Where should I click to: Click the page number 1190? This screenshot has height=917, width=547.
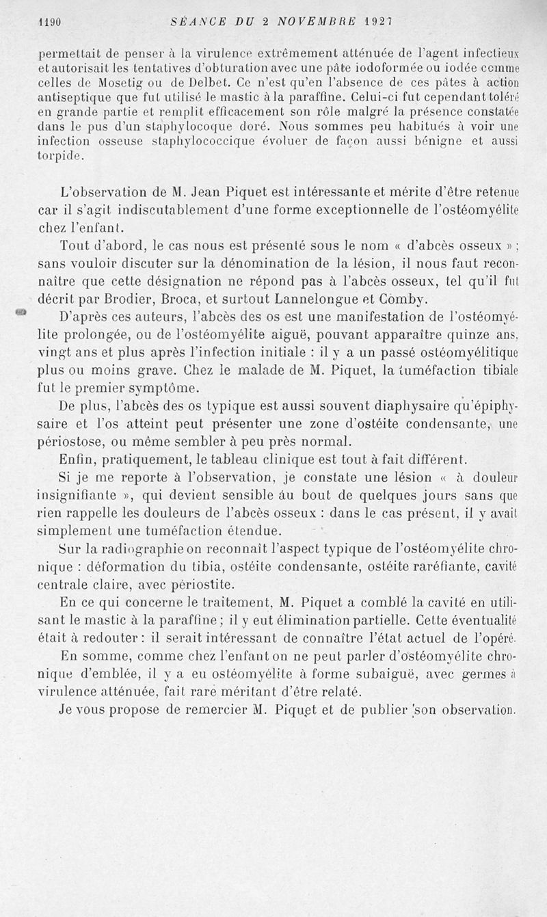[50, 22]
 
